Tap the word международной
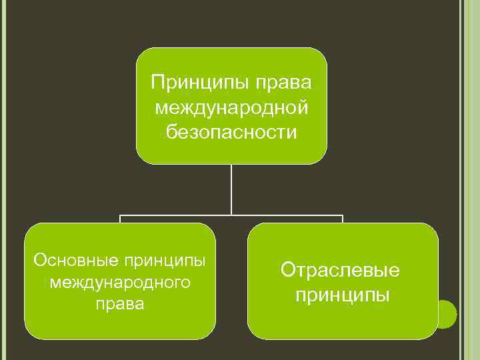click(x=231, y=107)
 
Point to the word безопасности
click(x=231, y=132)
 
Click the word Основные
click(x=69, y=259)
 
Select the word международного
click(x=120, y=283)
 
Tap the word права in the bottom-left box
click(x=120, y=305)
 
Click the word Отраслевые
click(x=340, y=270)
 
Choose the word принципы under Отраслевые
click(x=343, y=295)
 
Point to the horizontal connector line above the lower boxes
click(x=173, y=216)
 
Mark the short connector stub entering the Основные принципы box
click(x=120, y=219)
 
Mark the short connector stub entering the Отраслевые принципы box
click(x=342, y=219)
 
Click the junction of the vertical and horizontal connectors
click(x=231, y=216)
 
